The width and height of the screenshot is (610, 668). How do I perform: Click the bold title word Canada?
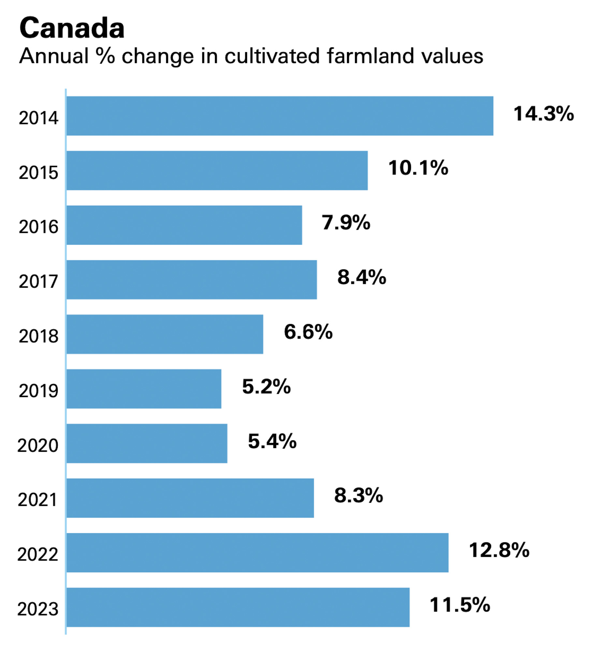click(72, 28)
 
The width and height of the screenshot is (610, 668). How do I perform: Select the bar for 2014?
click(280, 116)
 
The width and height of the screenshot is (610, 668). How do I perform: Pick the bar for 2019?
click(144, 389)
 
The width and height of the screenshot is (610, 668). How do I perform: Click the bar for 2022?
click(257, 552)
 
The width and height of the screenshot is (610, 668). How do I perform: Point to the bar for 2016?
click(184, 225)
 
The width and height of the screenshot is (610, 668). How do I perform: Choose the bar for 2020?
click(147, 443)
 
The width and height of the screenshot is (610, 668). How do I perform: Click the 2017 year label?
click(38, 281)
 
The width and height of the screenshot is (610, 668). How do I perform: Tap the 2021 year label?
click(38, 500)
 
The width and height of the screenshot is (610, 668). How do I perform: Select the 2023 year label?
click(38, 609)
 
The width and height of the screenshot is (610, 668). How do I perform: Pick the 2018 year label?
click(38, 336)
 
